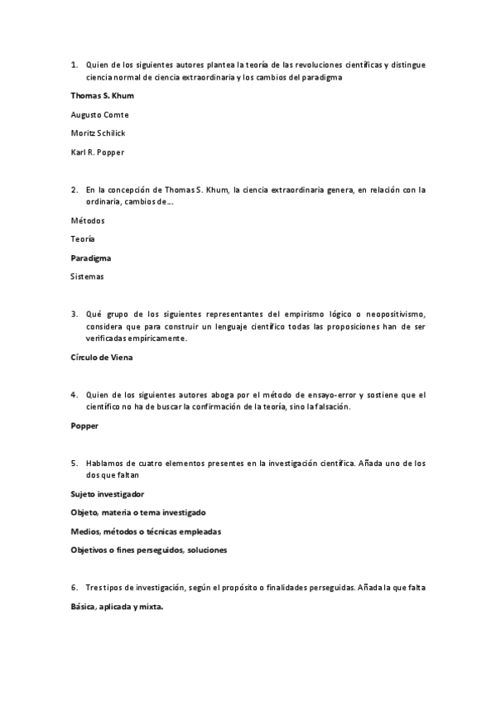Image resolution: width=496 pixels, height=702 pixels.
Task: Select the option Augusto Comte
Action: click(99, 114)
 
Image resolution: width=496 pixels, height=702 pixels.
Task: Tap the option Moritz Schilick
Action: click(99, 132)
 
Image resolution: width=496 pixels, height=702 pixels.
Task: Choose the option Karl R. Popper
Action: click(98, 151)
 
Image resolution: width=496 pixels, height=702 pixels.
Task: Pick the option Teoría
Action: click(83, 238)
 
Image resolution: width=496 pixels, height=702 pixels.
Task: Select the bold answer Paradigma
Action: click(91, 257)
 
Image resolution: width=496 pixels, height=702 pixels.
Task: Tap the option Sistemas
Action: click(88, 276)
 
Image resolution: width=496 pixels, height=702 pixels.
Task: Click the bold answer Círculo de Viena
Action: click(102, 357)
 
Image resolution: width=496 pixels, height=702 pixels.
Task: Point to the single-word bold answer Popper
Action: click(84, 426)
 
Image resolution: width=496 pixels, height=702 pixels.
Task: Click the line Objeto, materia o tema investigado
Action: click(138, 512)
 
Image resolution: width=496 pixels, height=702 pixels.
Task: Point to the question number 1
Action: click(74, 65)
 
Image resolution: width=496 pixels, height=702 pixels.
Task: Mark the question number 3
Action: click(74, 314)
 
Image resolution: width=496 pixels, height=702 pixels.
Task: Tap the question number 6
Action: click(74, 587)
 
